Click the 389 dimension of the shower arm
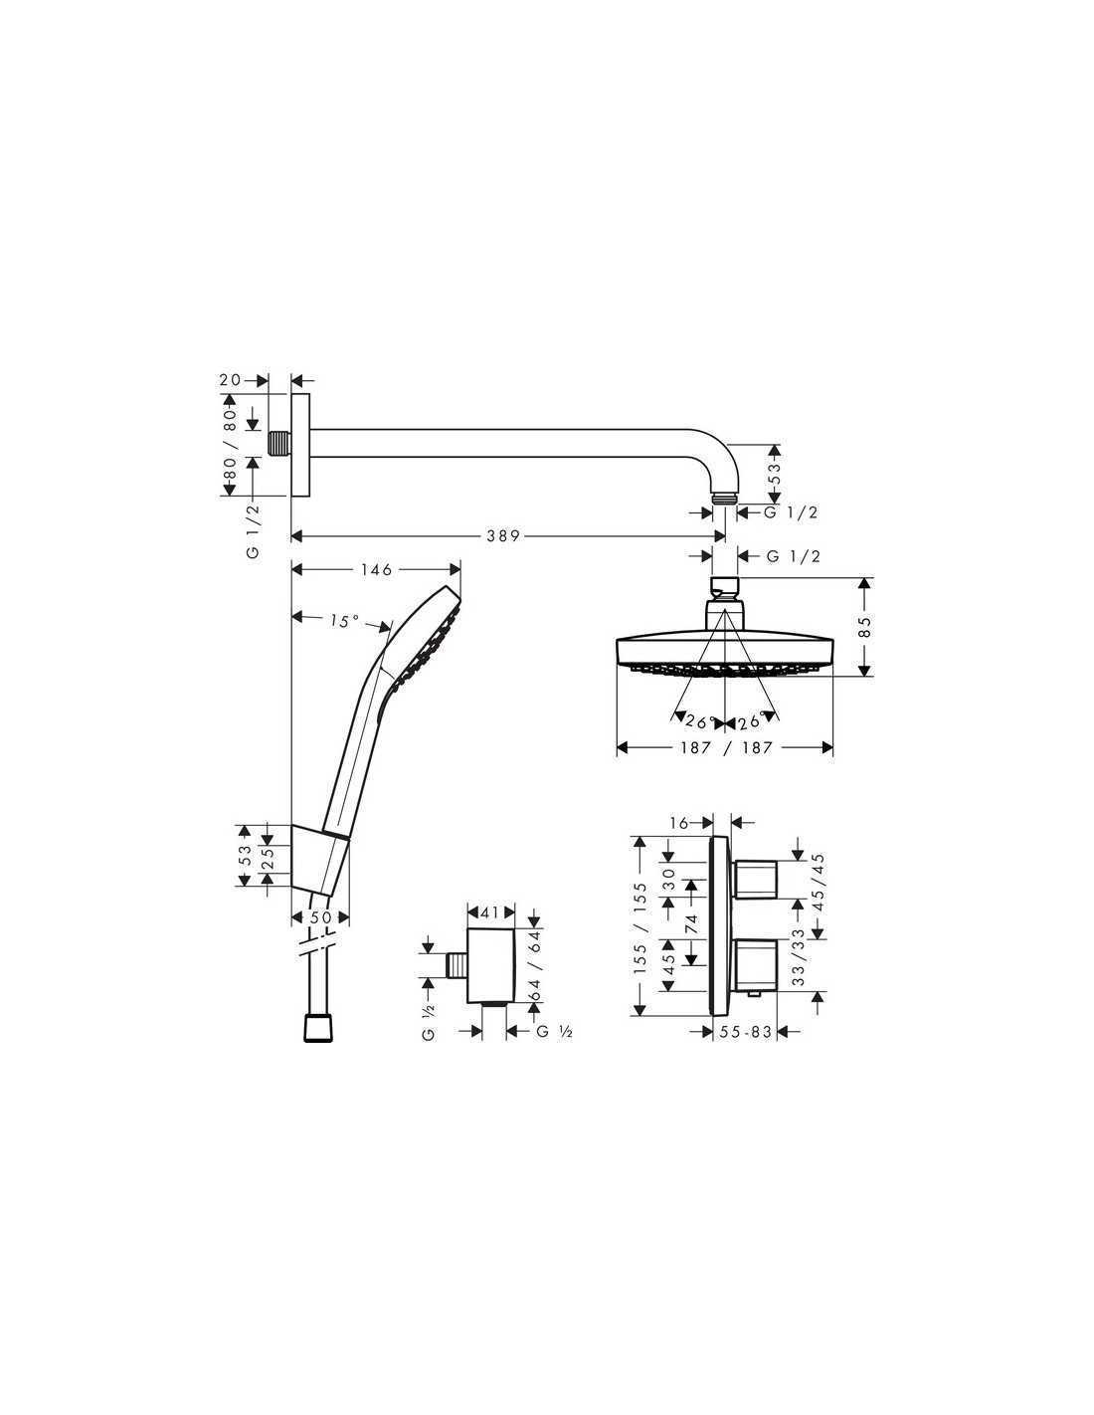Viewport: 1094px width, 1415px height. pos(503,536)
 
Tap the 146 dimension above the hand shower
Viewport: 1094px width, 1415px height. pos(377,570)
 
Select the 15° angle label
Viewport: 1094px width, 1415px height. pos(344,621)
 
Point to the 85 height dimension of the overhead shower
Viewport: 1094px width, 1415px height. pos(864,627)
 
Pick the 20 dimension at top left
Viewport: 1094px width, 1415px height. pos(230,380)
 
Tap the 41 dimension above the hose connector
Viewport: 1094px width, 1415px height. pos(490,912)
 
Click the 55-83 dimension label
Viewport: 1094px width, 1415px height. pos(746,1032)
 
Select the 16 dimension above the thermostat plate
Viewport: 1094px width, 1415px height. pos(679,823)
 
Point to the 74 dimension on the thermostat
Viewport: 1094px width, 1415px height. pos(690,923)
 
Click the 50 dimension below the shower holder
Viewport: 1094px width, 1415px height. pos(320,916)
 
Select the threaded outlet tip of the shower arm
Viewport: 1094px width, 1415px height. pos(724,499)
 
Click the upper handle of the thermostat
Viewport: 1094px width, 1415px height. pos(756,879)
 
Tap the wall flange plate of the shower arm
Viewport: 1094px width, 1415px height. pos(300,444)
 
